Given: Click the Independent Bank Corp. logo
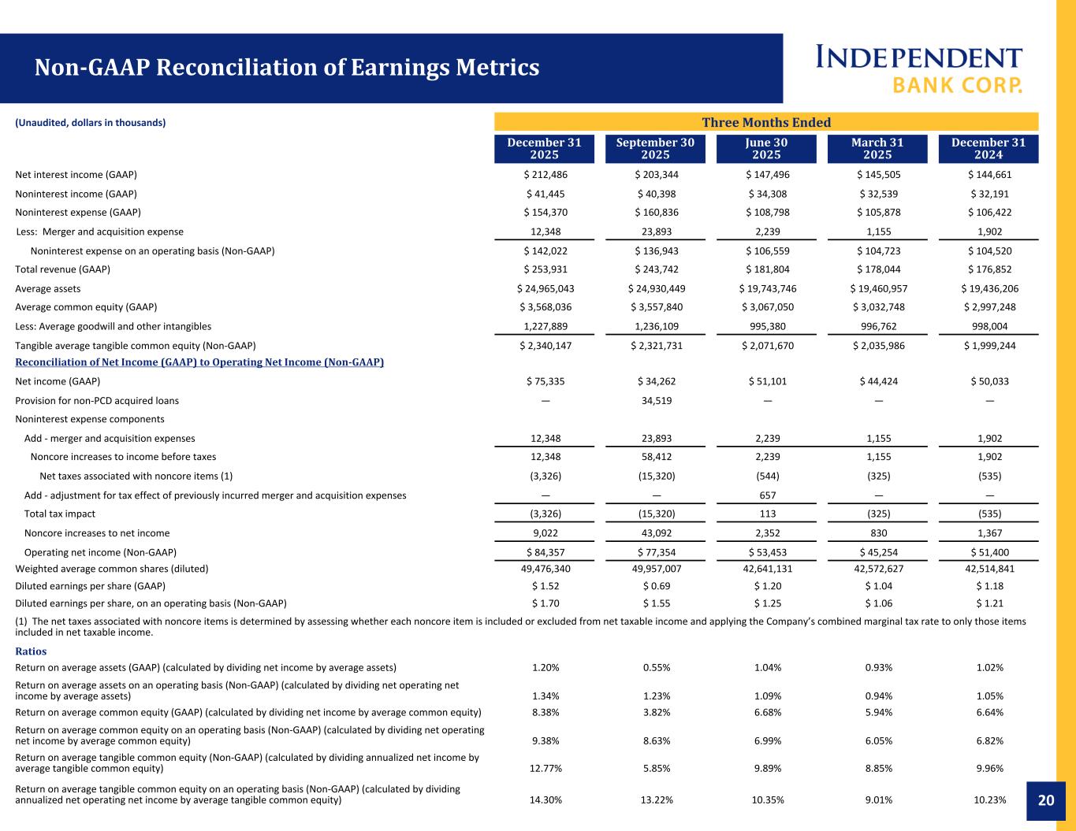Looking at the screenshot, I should [x=918, y=69].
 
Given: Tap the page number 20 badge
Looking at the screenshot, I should [x=1045, y=800].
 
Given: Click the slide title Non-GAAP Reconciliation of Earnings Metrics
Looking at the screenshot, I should [x=287, y=68].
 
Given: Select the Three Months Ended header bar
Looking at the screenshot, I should [x=766, y=122].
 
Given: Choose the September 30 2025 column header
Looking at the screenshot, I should [x=655, y=148].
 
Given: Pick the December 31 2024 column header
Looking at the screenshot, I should [x=989, y=148].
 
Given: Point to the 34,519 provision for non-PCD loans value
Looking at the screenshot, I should [x=656, y=400].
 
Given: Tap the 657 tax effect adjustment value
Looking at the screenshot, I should [x=767, y=495].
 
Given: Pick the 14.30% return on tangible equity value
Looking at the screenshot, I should [x=545, y=800].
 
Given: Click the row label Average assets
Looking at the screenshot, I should [x=48, y=289].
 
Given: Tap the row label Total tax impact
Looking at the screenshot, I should [x=60, y=514].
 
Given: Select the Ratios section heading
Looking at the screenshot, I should [x=31, y=651].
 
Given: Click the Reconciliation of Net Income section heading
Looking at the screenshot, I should [x=199, y=362].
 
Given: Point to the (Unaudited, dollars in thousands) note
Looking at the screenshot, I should [x=91, y=123].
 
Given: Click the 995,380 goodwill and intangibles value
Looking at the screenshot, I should [x=767, y=326].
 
